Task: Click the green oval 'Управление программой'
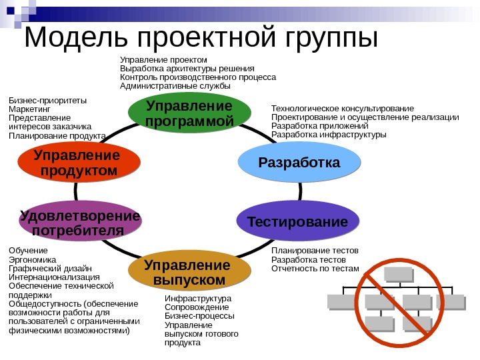tap(189, 114)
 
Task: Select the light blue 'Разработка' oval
tap(299, 163)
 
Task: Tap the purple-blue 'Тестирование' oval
tap(297, 221)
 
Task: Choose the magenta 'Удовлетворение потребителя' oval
tap(81, 223)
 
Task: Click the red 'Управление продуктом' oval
tap(79, 164)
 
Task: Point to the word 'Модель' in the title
tap(69, 38)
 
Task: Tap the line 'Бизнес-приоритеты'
tap(47, 101)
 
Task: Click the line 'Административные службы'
tap(175, 86)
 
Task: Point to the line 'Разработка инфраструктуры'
tap(329, 134)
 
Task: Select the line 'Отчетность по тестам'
tap(315, 269)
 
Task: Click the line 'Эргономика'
tap(33, 260)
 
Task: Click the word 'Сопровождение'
tap(197, 307)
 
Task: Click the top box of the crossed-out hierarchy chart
tap(398, 275)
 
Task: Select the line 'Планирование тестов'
tap(315, 251)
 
